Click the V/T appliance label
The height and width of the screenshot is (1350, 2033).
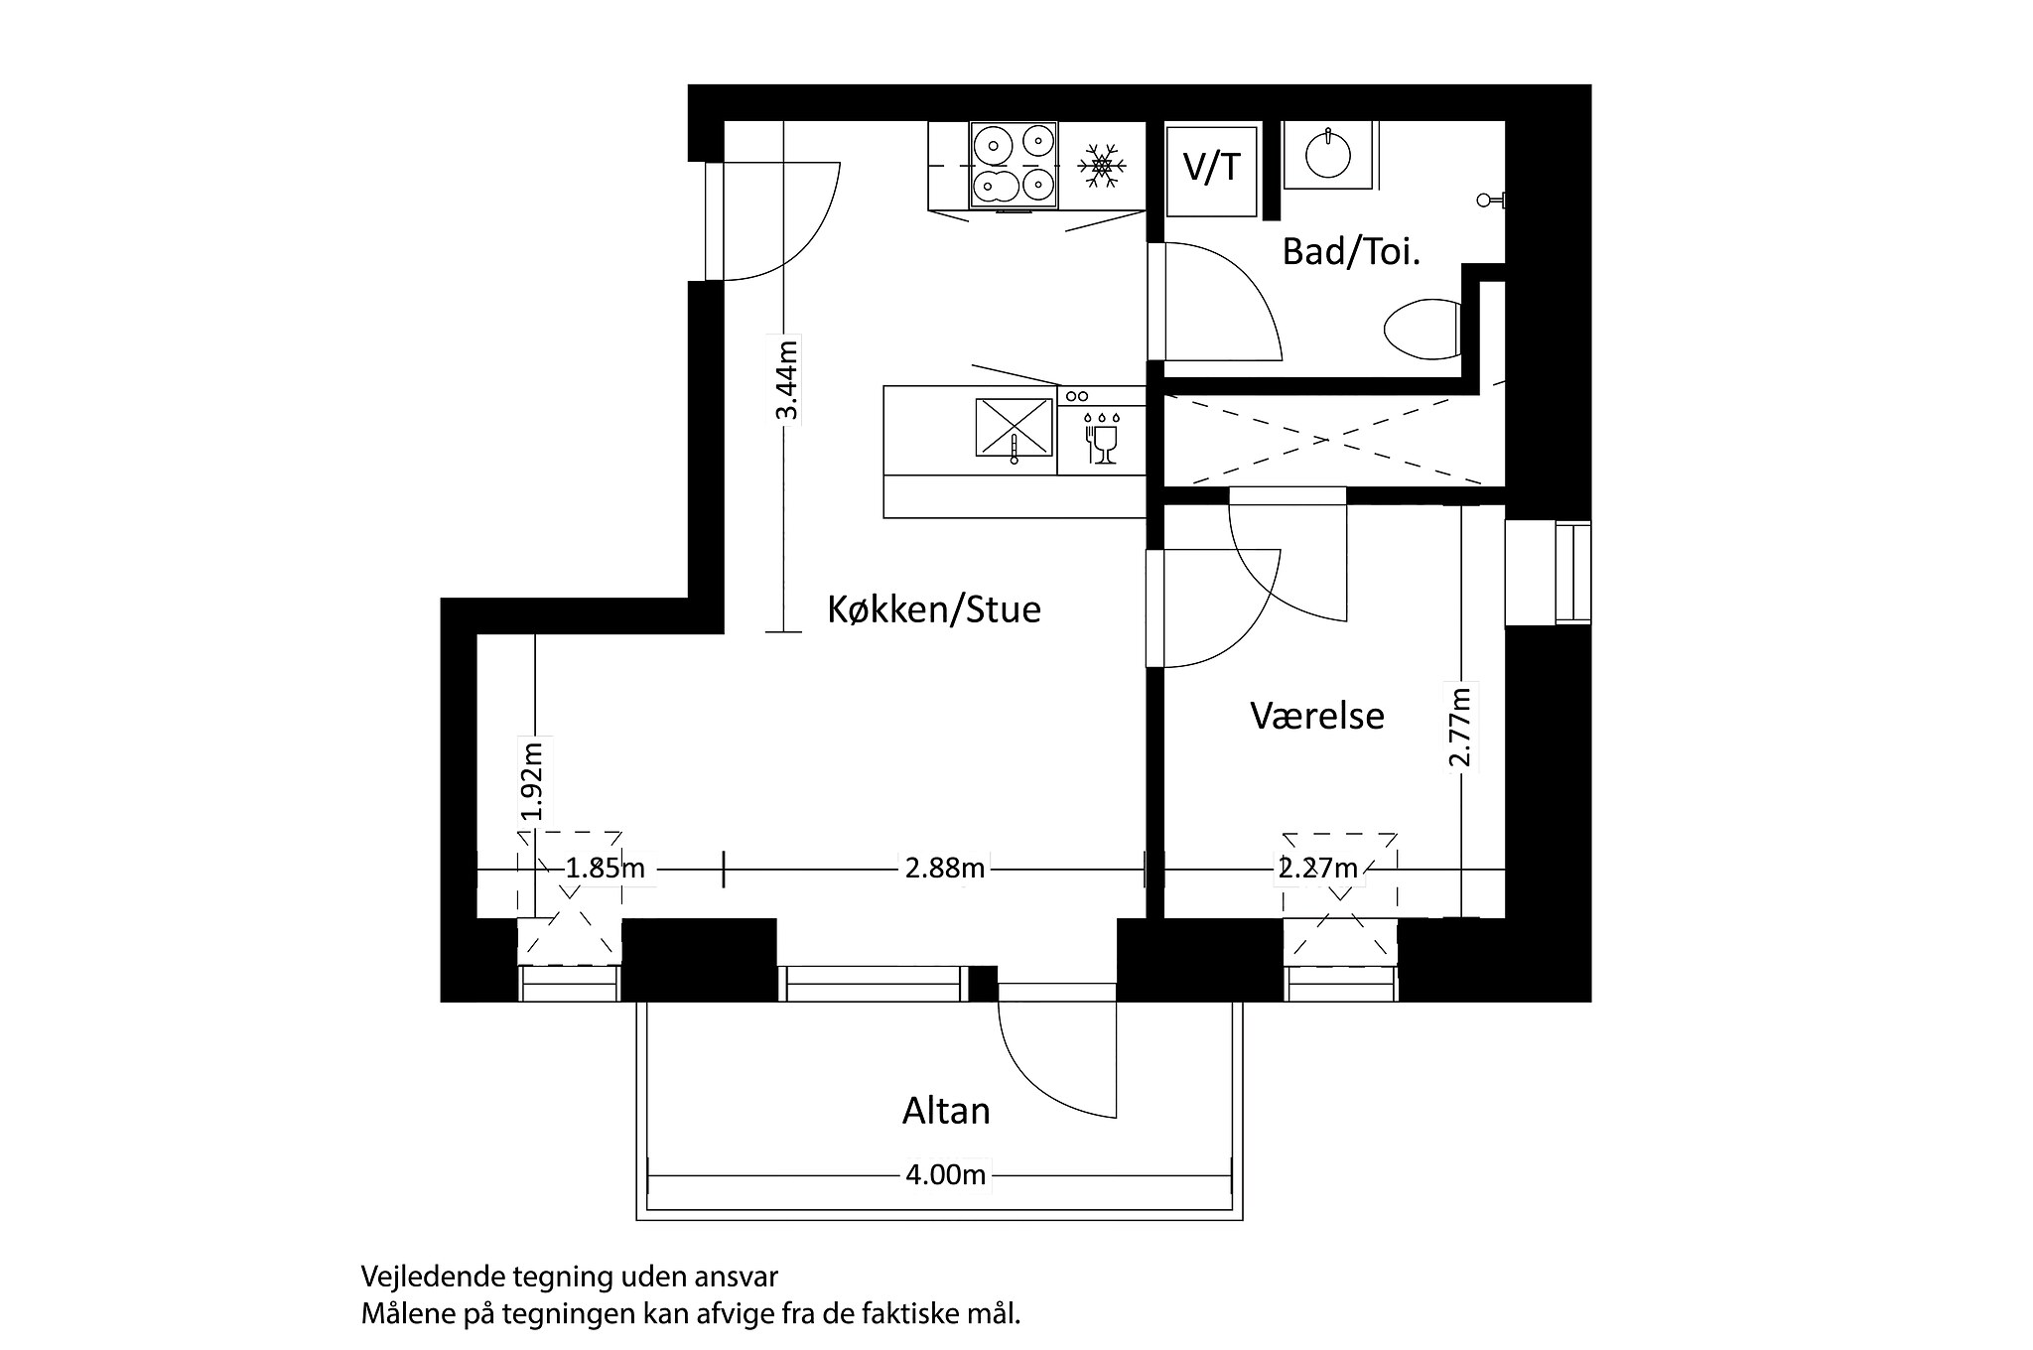click(x=1212, y=167)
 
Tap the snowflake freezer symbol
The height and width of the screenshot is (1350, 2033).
click(x=1101, y=166)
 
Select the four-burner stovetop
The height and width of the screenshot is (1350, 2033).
click(x=1014, y=166)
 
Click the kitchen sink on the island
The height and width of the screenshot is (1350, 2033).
click(x=1014, y=428)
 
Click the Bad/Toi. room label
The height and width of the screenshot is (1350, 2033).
click(x=1351, y=252)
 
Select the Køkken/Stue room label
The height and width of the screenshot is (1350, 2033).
click(x=933, y=609)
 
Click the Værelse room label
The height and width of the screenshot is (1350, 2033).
click(x=1316, y=716)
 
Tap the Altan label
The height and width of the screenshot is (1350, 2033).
click(x=945, y=1111)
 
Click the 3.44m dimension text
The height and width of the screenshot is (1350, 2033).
click(x=786, y=381)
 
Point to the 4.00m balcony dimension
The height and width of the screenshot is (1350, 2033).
click(x=945, y=1175)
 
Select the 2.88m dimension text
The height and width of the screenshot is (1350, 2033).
click(x=944, y=869)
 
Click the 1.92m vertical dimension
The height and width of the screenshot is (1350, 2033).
click(x=533, y=781)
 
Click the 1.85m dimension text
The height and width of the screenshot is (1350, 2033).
click(x=605, y=869)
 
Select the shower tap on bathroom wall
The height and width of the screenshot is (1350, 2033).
click(x=1489, y=201)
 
